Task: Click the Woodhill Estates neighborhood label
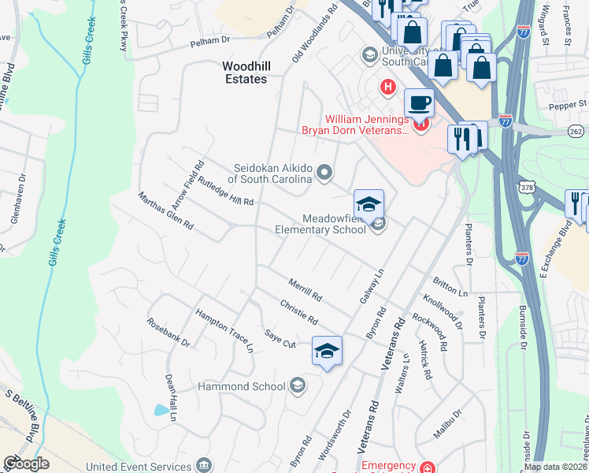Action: click(243, 73)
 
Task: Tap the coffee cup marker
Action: click(419, 103)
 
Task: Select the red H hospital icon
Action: click(387, 87)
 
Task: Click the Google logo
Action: click(26, 463)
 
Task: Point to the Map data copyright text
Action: click(555, 467)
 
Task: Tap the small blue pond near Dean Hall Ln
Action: click(161, 410)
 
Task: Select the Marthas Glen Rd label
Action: click(166, 210)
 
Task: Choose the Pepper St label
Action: click(571, 103)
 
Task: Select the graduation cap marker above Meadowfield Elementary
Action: click(369, 205)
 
